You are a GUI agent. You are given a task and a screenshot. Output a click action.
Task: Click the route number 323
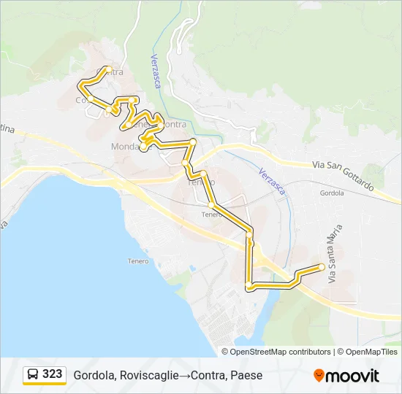(x=52, y=374)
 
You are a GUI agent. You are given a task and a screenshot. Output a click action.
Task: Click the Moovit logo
(x=346, y=376)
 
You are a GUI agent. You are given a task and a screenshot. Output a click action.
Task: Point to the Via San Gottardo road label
(x=342, y=175)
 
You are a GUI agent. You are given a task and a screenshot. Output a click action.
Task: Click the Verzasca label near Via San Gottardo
(x=275, y=181)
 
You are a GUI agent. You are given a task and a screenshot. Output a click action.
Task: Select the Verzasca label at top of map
(x=155, y=71)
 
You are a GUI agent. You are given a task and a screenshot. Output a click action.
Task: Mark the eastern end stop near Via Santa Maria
(x=322, y=267)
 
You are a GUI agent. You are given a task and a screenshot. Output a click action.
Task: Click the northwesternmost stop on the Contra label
(x=108, y=69)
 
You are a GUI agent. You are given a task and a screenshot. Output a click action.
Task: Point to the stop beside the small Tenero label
(x=211, y=205)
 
